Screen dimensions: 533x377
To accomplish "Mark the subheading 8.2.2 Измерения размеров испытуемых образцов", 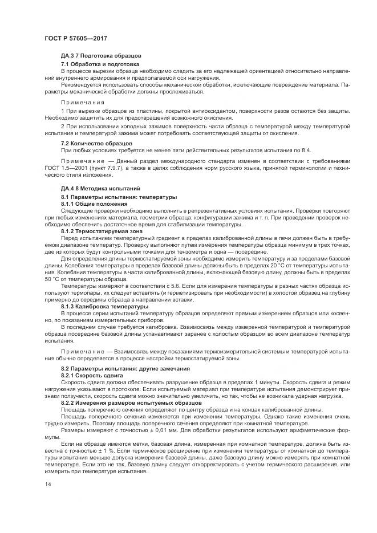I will coord(127,403).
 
